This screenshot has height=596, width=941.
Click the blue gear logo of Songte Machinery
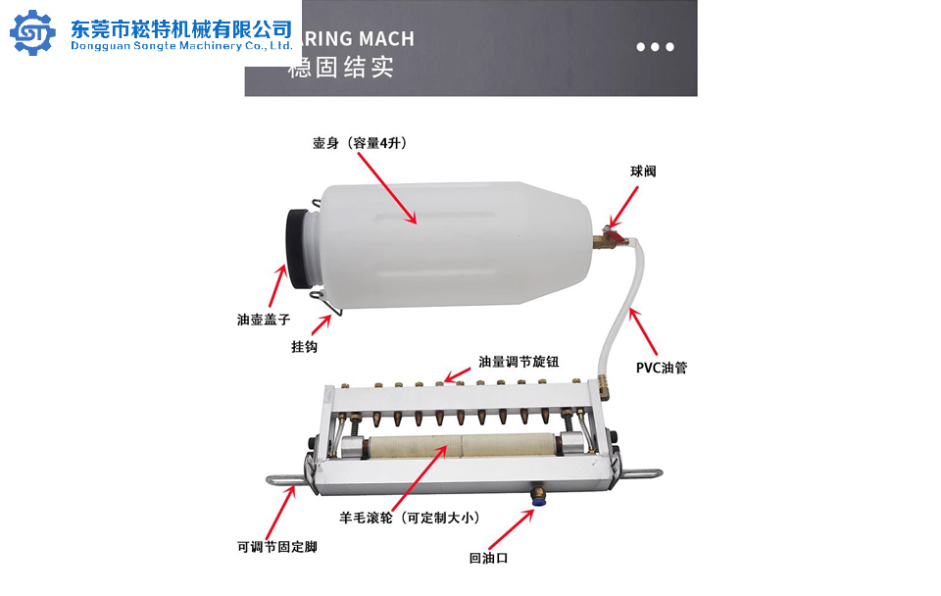tap(33, 33)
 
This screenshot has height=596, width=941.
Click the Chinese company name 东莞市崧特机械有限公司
tap(181, 27)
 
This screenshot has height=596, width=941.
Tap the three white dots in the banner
tap(655, 47)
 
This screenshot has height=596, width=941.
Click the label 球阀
tap(643, 172)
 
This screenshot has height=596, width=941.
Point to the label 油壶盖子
tap(263, 319)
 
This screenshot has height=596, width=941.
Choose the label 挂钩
tap(304, 347)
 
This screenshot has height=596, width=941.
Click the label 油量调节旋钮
tap(519, 362)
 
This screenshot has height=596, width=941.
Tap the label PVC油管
tap(661, 369)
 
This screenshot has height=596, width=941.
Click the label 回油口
tap(487, 559)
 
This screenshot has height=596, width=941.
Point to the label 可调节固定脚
tap(276, 547)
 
